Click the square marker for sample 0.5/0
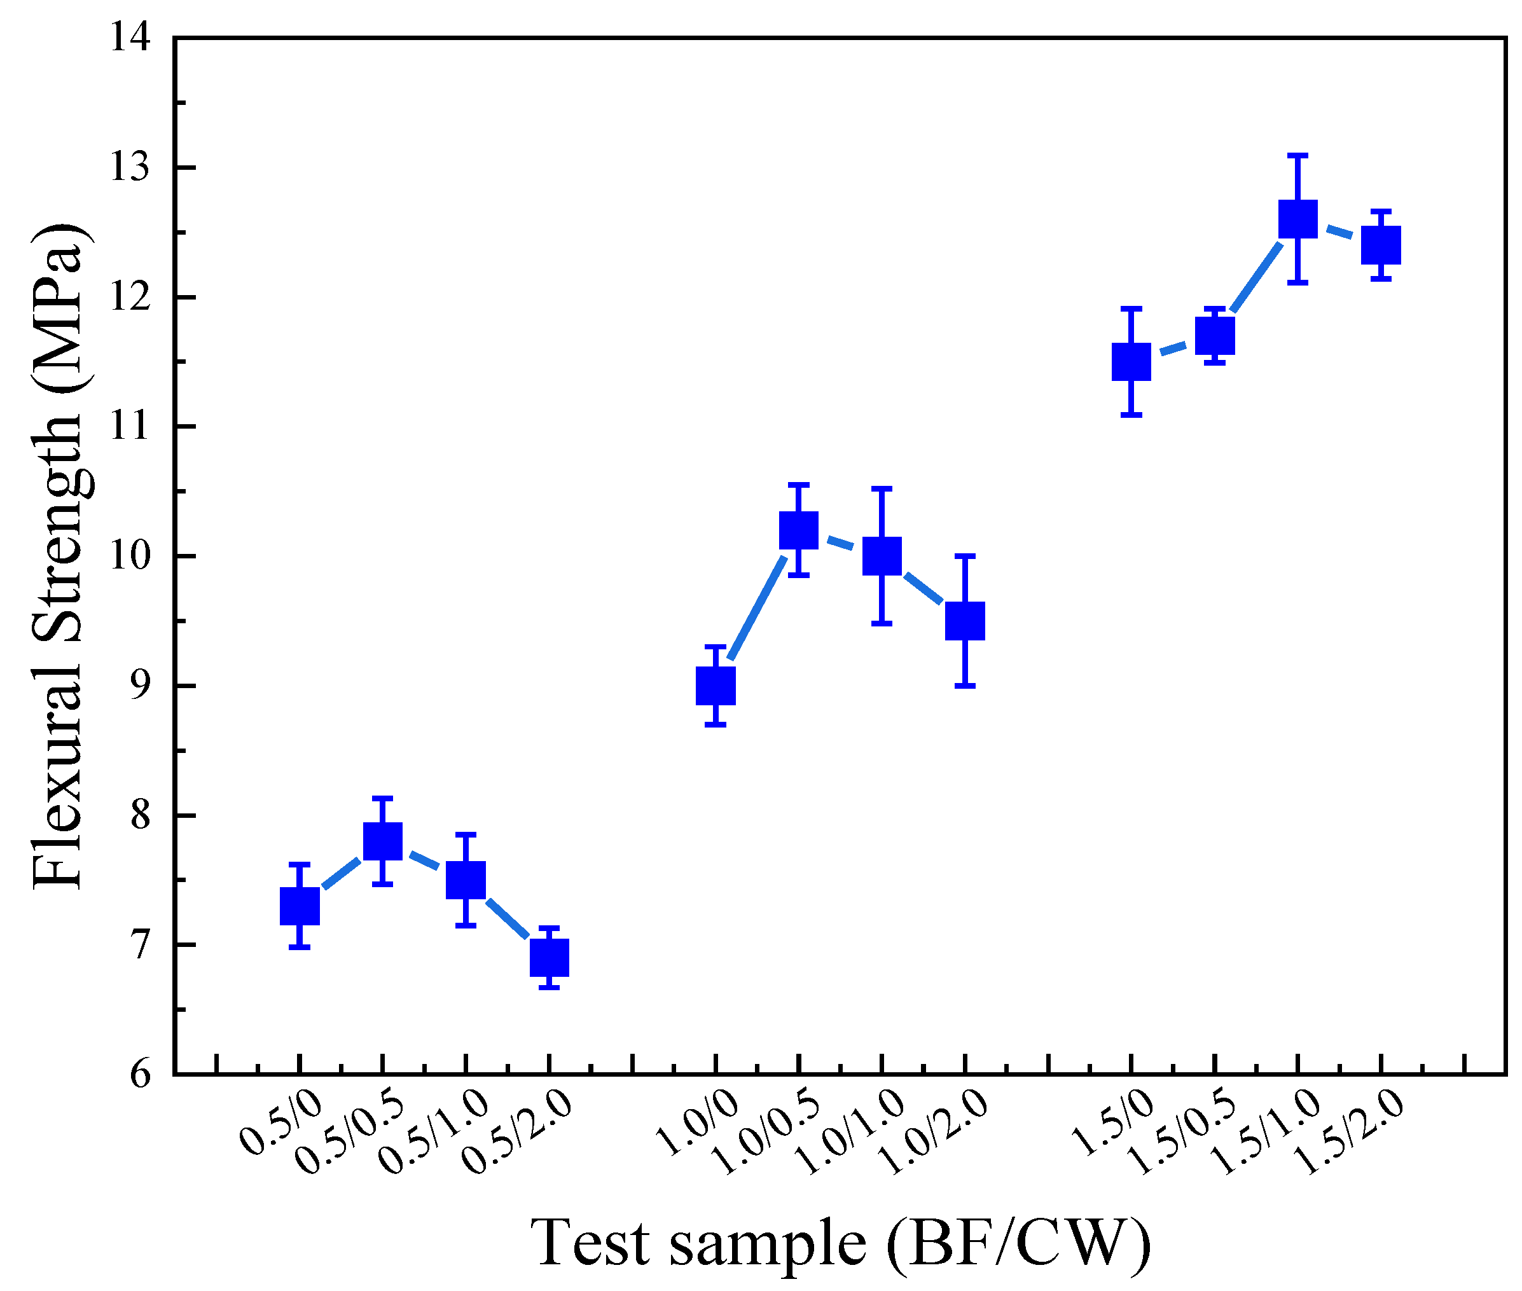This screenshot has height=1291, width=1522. click(x=300, y=906)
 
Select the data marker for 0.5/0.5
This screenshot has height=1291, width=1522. click(x=383, y=841)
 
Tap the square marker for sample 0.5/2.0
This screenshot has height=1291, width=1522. click(x=549, y=957)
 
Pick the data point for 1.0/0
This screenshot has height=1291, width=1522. click(x=715, y=686)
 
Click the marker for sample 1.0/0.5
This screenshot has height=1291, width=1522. click(x=798, y=530)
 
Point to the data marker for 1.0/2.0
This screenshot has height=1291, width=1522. click(x=964, y=621)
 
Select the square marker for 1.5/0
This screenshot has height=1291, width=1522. click(x=1131, y=361)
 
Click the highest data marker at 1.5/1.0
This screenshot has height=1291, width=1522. click(x=1297, y=219)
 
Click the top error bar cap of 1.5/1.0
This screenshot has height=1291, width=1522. click(x=1297, y=155)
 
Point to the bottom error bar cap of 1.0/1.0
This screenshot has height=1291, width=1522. click(x=882, y=623)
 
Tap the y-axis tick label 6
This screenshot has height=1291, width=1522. click(x=141, y=1074)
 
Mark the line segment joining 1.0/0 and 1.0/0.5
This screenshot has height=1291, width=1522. click(x=758, y=607)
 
